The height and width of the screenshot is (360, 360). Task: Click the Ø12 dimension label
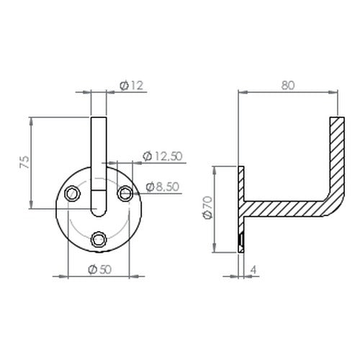pyautogui.click(x=132, y=86)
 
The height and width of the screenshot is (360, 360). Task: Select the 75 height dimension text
pyautogui.click(x=24, y=162)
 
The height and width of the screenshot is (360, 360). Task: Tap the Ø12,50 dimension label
pyautogui.click(x=163, y=156)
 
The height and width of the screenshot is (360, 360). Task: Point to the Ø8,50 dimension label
pyautogui.click(x=163, y=186)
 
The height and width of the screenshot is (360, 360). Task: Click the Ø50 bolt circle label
pyautogui.click(x=100, y=269)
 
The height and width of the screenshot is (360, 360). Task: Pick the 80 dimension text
pyautogui.click(x=288, y=86)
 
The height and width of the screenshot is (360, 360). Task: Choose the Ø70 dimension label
pyautogui.click(x=208, y=207)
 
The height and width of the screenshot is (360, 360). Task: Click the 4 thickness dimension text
pyautogui.click(x=253, y=270)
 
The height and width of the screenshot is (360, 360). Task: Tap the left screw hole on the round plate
pyautogui.click(x=73, y=194)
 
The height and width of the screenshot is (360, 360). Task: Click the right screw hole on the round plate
pyautogui.click(x=125, y=194)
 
